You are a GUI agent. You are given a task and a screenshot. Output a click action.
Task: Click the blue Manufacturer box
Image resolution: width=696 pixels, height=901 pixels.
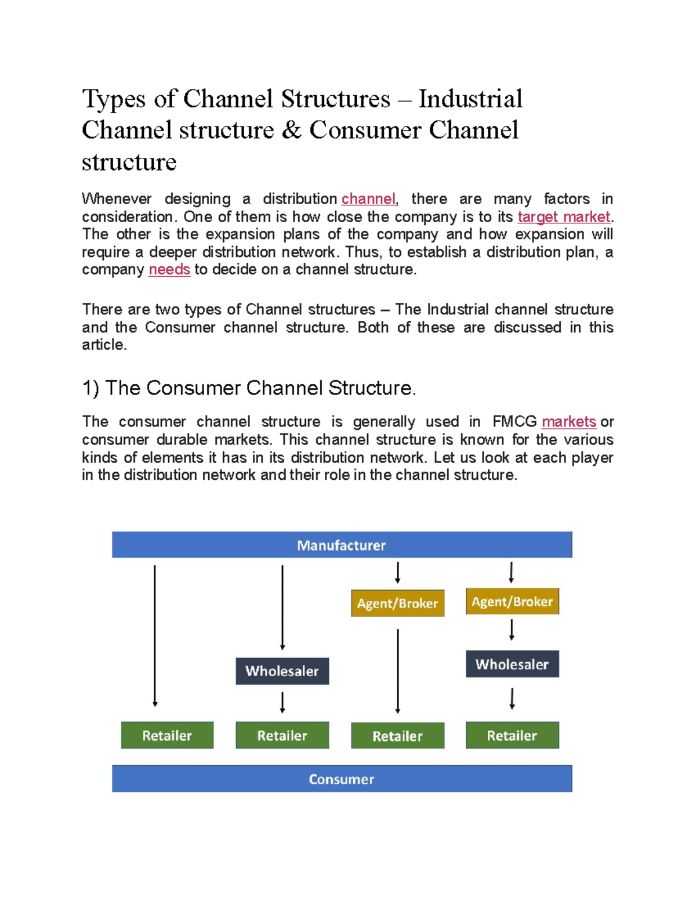342,545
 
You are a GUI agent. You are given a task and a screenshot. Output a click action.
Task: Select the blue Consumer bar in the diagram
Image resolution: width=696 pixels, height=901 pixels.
342,779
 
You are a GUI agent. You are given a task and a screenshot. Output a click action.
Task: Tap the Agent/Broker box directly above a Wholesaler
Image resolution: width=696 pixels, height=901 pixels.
512,602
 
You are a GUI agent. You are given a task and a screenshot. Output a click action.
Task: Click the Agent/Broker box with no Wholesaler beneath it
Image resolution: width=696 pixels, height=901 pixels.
397,603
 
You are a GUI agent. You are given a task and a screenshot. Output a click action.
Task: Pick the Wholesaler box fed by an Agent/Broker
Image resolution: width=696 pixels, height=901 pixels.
512,664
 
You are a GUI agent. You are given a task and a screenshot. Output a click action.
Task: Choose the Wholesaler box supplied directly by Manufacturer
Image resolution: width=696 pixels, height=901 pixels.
282,671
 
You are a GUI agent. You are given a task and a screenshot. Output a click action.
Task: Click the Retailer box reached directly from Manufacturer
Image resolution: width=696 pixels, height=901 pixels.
167,735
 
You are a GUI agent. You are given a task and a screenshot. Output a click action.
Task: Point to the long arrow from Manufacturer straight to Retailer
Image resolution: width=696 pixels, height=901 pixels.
155,635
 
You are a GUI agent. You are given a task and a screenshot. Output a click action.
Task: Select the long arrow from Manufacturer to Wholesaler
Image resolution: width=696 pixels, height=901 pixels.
282,607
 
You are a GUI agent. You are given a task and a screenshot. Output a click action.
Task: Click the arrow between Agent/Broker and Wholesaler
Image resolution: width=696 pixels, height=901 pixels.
512,629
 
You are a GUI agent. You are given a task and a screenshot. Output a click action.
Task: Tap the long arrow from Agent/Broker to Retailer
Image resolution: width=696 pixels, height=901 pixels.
398,671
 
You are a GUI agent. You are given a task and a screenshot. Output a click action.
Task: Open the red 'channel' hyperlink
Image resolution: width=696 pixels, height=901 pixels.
368,199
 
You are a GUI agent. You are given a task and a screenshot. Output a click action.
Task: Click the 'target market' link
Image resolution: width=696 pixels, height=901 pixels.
564,217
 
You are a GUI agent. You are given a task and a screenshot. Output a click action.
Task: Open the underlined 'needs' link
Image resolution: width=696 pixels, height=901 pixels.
169,270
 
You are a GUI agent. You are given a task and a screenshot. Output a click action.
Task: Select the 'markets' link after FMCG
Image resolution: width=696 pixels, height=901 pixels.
568,422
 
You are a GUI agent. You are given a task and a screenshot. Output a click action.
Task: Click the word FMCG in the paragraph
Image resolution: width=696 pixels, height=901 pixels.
514,422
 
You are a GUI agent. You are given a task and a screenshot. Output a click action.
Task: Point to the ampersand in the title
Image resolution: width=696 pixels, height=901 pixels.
291,130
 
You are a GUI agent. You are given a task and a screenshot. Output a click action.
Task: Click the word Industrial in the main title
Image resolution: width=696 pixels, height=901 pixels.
470,99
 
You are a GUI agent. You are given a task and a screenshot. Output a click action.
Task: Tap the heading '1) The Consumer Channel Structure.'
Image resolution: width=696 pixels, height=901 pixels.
249,388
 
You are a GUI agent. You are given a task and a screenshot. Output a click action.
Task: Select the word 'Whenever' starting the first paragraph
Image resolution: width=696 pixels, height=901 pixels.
117,199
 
